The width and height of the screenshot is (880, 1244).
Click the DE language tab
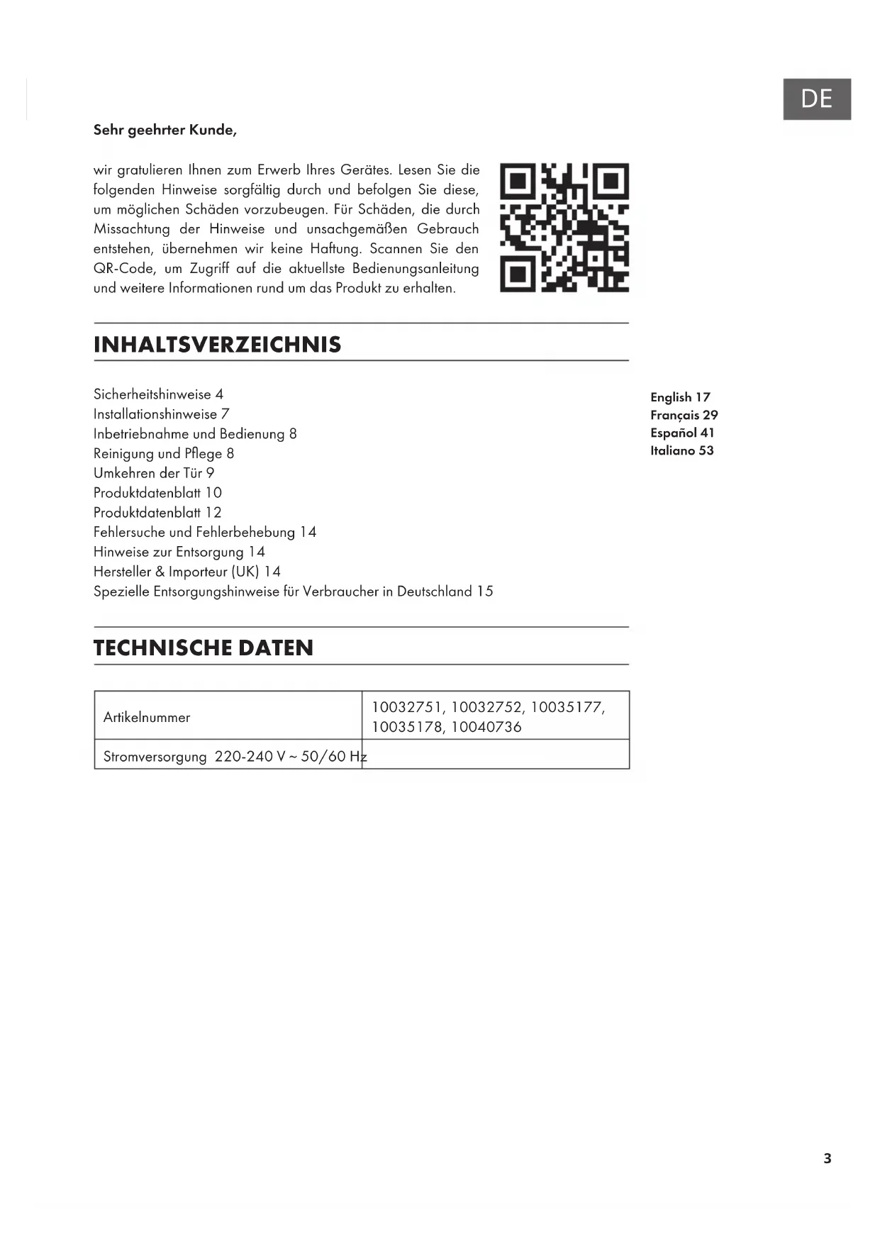coord(816,99)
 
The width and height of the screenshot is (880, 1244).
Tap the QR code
coord(564,228)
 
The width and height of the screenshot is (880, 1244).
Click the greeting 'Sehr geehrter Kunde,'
coord(165,130)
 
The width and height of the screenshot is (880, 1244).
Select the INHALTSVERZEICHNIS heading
coord(217,345)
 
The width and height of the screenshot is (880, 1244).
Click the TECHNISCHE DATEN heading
coord(204,648)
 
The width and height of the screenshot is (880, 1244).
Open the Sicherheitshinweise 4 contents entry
coord(158,394)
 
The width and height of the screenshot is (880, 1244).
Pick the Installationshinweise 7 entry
coord(161,414)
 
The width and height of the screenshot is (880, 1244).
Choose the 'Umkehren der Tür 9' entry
coord(154,473)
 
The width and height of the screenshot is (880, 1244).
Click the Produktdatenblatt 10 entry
coord(157,493)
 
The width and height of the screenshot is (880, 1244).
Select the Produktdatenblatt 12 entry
coord(157,513)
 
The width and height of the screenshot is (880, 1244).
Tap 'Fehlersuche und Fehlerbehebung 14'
coord(205,532)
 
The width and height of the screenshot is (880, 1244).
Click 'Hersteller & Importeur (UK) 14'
coord(187,572)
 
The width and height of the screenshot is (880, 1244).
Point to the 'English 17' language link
coord(680,397)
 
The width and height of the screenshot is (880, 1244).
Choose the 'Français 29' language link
coord(684,415)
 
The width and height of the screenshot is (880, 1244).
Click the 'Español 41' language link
coord(682,433)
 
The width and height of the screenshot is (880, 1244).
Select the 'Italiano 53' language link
coord(681,450)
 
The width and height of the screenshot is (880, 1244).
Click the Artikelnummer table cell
coord(147,717)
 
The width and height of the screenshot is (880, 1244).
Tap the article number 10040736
coord(486,727)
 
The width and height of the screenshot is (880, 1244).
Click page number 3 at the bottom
coord(827,1158)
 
